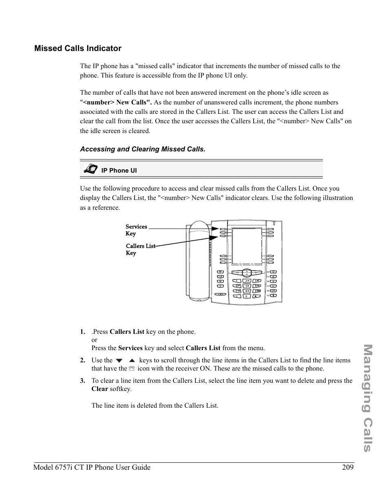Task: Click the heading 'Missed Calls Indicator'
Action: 77,49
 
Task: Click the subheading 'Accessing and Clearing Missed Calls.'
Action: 142,149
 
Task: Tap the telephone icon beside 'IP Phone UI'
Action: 91,169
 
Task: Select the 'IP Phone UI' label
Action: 119,171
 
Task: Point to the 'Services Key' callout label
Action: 136,230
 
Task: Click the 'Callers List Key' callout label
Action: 140,249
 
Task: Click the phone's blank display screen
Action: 247,246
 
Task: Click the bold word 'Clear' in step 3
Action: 99,389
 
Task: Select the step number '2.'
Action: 82,360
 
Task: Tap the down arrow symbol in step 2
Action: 119,361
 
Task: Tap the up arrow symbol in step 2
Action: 132,361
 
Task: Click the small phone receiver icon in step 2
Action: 131,369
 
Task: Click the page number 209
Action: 348,467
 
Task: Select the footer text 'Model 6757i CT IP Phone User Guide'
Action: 92,467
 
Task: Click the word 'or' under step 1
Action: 94,340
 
